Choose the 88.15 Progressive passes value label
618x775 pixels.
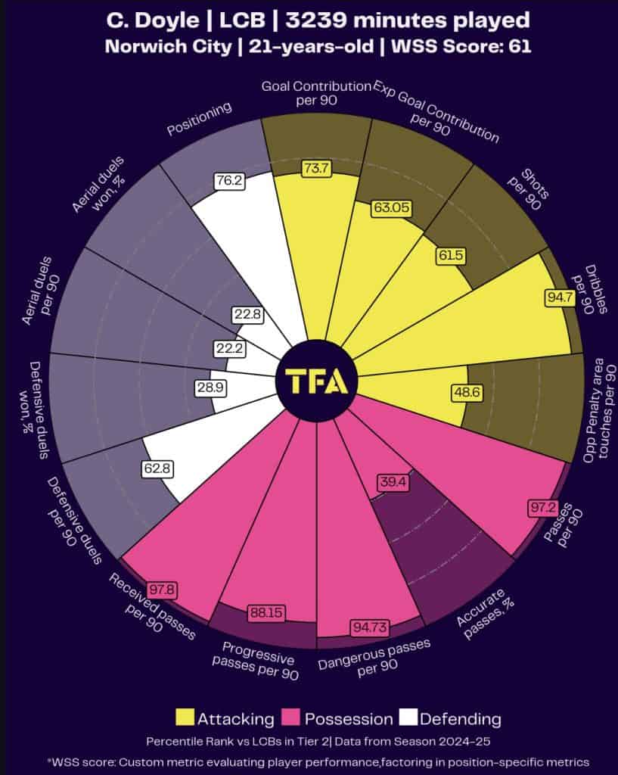[x=265, y=612]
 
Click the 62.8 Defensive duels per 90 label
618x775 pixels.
[x=157, y=468]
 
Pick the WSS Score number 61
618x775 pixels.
[x=520, y=45]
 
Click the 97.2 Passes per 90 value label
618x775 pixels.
[x=540, y=507]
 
